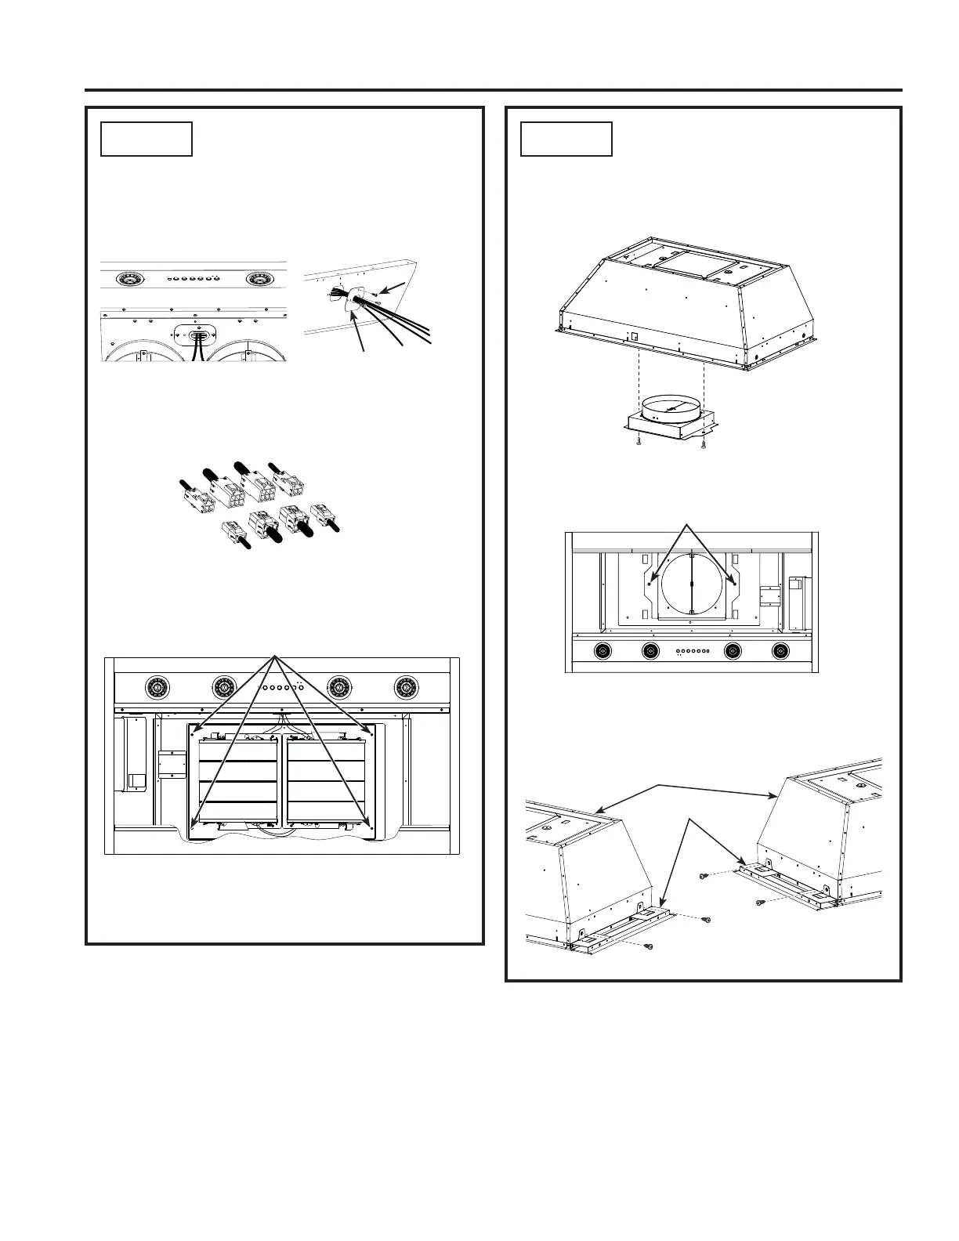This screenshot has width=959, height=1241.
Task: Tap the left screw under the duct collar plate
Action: [635, 443]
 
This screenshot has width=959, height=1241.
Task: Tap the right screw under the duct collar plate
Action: [703, 444]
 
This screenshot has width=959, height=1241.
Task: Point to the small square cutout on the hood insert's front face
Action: [634, 338]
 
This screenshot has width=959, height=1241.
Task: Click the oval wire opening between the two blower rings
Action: [198, 335]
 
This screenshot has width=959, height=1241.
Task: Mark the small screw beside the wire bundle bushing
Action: [377, 294]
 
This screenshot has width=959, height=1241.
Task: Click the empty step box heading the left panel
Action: [147, 139]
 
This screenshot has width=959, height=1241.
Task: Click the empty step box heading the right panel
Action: [566, 139]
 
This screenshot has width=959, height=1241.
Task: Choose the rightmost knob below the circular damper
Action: [780, 650]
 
